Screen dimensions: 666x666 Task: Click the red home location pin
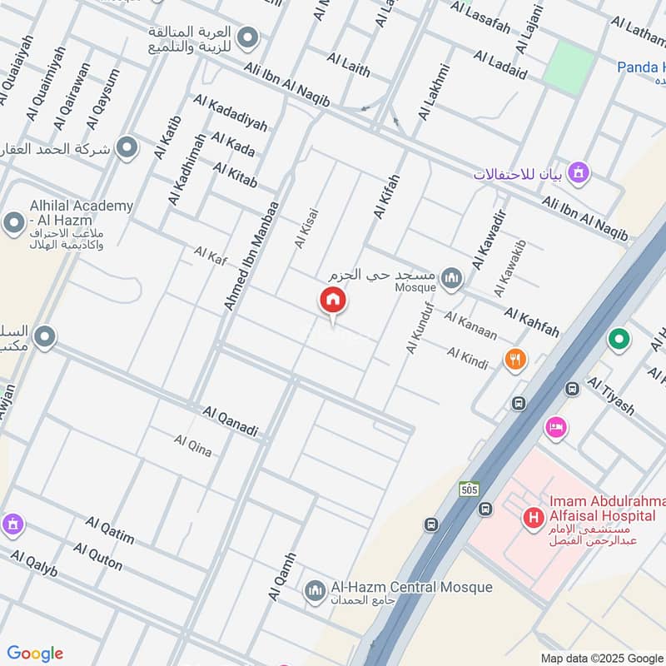point(333,301)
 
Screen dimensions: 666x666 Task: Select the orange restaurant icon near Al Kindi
point(515,360)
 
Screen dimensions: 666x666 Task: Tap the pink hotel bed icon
point(556,428)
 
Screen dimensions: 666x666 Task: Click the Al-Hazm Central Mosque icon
point(315,591)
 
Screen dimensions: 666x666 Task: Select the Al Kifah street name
point(386,197)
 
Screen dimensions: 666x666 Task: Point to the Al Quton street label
point(97,557)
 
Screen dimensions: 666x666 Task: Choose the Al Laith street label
point(348,65)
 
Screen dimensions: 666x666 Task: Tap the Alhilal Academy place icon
point(14,223)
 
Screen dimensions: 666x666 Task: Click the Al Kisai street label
point(306,227)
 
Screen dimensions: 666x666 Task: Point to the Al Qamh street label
point(282,577)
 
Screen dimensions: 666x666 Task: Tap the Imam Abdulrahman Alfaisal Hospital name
point(606,513)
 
